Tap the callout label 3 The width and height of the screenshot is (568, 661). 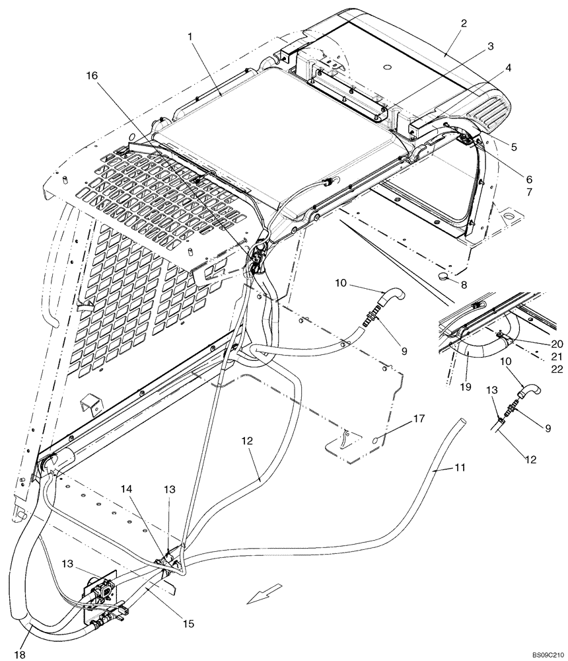pyautogui.click(x=490, y=46)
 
